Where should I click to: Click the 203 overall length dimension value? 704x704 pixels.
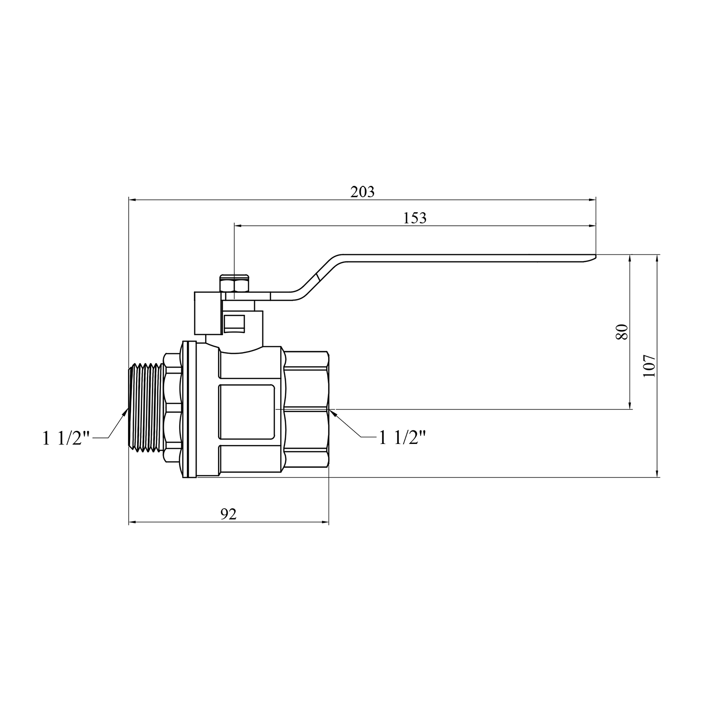tap(363, 192)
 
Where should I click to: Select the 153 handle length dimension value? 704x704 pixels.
tap(415, 218)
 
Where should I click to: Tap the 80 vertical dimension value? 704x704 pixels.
tap(621, 332)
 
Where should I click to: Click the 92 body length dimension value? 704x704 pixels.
tap(229, 514)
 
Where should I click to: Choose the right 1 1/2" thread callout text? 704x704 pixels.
tap(402, 438)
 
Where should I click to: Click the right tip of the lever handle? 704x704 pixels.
tap(595, 256)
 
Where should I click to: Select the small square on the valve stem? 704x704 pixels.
tap(233, 323)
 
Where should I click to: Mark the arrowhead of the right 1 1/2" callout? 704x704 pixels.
tap(333, 413)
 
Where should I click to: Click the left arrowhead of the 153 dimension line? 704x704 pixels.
tap(238, 226)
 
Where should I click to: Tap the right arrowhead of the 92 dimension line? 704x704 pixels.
tap(325, 522)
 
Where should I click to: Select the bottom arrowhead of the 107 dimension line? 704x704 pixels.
tap(657, 473)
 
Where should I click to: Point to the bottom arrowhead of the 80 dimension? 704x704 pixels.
tap(630, 405)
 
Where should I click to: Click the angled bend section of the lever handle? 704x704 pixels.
tap(318, 277)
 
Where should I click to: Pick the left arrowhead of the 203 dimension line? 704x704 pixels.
tap(133, 200)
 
